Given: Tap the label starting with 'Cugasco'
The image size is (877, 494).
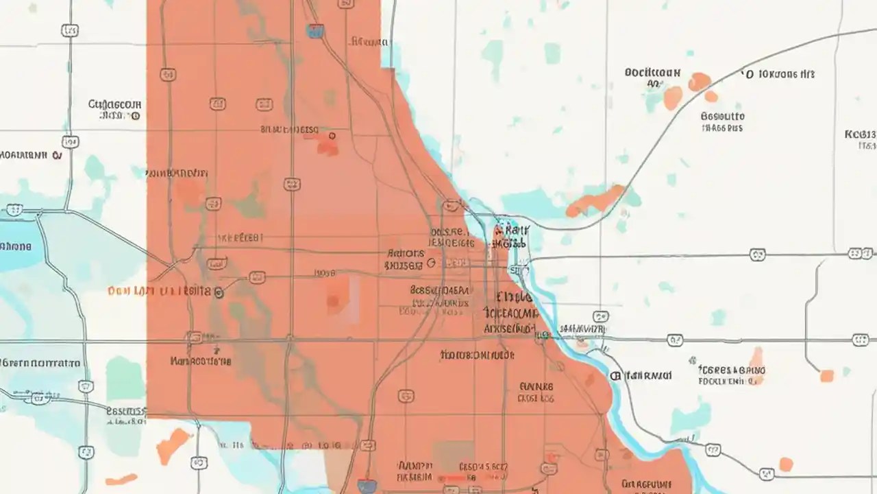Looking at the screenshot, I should (114, 105).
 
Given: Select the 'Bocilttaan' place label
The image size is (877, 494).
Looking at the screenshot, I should (652, 72).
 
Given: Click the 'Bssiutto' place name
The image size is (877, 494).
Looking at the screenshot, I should (723, 117).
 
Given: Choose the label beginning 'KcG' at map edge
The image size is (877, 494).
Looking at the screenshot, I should (861, 134).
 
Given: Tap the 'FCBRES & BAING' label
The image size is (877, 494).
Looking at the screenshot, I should (731, 370).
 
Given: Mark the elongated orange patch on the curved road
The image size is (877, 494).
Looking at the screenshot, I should (595, 201).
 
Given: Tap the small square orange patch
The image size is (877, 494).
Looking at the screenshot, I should (827, 375).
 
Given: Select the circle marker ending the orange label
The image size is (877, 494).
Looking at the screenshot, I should (219, 292).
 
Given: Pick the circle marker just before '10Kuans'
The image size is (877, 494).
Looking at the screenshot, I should (748, 73).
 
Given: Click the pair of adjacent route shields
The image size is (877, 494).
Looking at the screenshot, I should (861, 254).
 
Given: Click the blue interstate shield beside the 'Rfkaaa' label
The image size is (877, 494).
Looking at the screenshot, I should (315, 31).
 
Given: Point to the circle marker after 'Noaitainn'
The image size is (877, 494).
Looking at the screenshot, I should (58, 155).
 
